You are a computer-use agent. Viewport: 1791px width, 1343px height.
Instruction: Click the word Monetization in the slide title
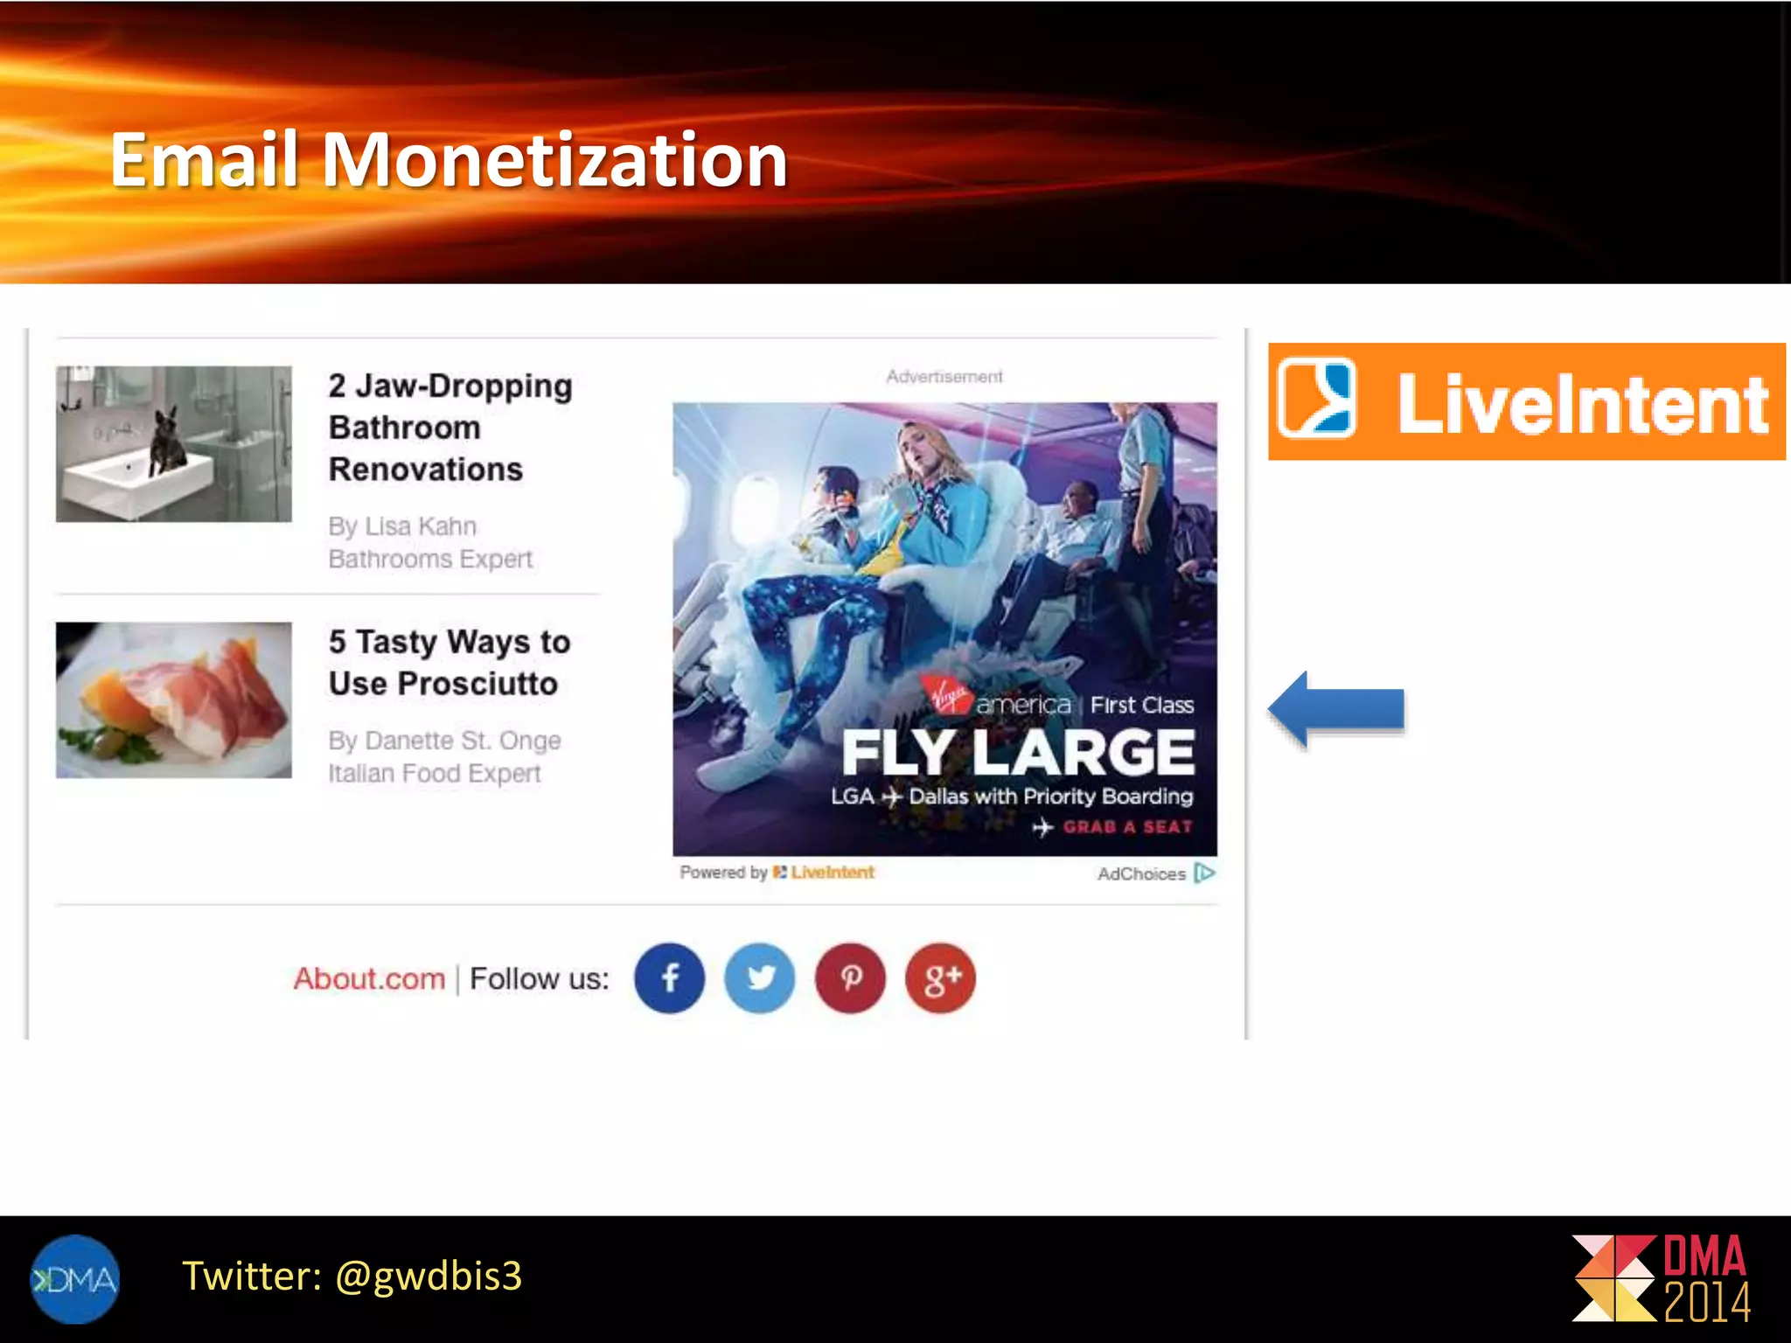554,160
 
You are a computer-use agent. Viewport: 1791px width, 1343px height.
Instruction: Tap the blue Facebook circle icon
669,978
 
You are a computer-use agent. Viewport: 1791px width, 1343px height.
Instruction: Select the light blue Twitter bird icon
760,978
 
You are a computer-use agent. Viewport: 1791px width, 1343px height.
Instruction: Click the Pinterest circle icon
850,978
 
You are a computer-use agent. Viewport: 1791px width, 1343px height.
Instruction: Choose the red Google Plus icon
940,978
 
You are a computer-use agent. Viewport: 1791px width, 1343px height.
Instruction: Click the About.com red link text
369,978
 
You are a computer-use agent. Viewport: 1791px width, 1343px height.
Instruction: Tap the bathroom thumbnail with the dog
173,443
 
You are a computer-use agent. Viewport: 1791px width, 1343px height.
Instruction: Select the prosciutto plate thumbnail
173,699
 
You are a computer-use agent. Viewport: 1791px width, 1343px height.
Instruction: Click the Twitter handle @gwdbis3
429,1276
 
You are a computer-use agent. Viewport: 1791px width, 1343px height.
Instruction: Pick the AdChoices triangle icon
1204,873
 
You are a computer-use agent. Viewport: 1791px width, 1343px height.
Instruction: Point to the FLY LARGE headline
1018,752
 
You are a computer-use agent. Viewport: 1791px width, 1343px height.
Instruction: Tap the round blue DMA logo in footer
75,1278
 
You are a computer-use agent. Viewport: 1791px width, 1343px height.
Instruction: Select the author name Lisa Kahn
421,526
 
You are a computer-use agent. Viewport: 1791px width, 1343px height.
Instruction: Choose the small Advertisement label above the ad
944,376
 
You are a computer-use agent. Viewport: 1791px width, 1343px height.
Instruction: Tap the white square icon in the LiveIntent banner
1315,398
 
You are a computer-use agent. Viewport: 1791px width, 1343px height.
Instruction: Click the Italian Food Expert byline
435,773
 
